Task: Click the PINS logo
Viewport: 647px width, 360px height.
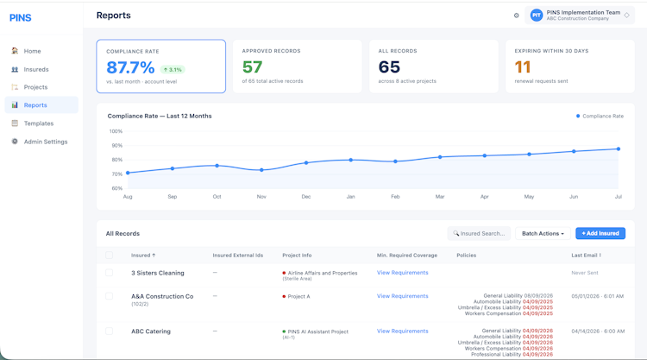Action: click(20, 18)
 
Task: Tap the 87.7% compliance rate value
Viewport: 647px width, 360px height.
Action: click(130, 67)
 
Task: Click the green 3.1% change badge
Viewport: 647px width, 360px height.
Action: click(173, 70)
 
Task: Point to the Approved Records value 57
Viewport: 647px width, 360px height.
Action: click(252, 66)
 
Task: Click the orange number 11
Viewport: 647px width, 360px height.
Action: click(523, 66)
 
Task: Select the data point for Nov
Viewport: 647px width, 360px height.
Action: click(261, 170)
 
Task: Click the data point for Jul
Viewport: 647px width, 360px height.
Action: click(619, 149)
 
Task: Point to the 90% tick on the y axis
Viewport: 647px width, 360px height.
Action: click(116, 146)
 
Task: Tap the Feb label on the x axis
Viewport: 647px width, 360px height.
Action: click(395, 197)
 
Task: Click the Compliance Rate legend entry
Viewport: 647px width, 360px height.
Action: click(600, 116)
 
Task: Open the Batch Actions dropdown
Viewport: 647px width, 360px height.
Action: click(543, 234)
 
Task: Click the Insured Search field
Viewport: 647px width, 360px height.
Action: click(479, 234)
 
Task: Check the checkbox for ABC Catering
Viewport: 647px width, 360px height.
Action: click(109, 332)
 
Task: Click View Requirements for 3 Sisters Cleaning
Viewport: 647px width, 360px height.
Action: click(402, 273)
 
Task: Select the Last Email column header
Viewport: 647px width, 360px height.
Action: click(586, 256)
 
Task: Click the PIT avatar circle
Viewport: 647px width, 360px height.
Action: click(537, 16)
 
